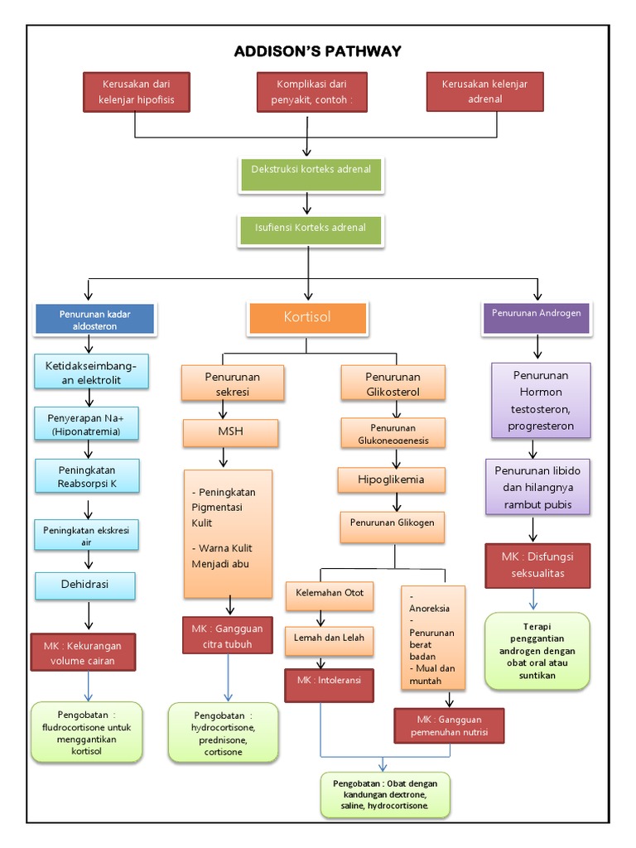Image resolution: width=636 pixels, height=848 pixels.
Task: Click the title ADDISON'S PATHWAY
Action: [317, 51]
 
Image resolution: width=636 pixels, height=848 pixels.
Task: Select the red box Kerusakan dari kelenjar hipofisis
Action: [137, 92]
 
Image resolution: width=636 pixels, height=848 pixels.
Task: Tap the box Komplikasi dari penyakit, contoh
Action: [307, 92]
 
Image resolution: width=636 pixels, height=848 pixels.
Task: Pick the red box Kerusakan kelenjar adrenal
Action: [484, 92]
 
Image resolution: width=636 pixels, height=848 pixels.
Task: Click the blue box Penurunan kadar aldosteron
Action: [94, 320]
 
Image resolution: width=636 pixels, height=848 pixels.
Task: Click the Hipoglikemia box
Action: [390, 479]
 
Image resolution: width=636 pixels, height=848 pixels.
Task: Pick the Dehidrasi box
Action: [84, 585]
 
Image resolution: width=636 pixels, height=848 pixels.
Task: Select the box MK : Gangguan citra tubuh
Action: [227, 636]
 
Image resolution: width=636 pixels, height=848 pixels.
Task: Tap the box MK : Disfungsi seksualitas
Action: [537, 565]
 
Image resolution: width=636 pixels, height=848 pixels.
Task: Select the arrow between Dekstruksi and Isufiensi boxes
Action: [307, 203]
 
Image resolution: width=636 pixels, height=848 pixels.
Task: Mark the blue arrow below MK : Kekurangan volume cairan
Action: [89, 685]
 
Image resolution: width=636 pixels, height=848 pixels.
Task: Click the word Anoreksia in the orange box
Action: [430, 609]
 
